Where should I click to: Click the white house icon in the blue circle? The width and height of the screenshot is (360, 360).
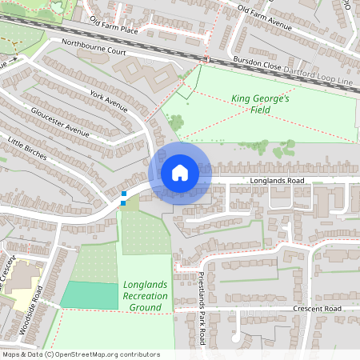(179, 172)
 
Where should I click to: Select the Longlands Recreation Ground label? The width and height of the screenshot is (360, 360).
(146, 296)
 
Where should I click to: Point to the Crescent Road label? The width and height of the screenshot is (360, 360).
(317, 309)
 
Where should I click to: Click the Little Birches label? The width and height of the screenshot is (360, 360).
(28, 149)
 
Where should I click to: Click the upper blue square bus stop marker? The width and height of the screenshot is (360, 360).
(123, 194)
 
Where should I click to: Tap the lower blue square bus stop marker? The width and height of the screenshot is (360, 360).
(123, 203)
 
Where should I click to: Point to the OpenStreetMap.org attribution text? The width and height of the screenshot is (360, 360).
(80, 354)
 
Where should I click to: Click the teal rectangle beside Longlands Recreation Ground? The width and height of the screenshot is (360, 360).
(90, 294)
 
